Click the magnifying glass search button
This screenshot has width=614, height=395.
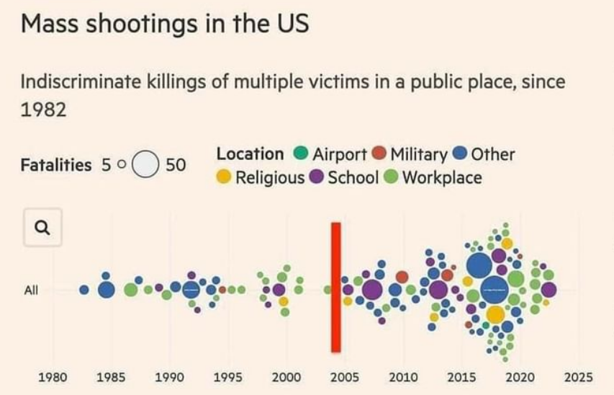click(42, 228)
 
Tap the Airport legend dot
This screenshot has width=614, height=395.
click(302, 154)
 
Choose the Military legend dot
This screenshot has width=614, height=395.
click(379, 154)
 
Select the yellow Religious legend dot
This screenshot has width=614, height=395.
click(224, 177)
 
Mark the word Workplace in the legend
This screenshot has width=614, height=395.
click(442, 177)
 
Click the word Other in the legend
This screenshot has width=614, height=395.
click(493, 154)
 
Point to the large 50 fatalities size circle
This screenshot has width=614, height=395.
click(147, 165)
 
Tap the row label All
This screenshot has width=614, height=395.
click(31, 290)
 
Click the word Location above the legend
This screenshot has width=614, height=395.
click(250, 154)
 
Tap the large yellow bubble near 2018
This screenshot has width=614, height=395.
click(495, 314)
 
